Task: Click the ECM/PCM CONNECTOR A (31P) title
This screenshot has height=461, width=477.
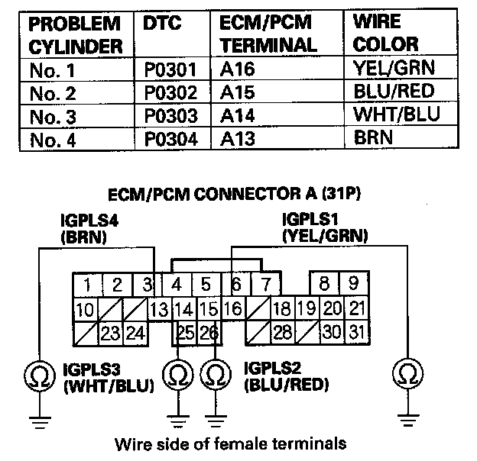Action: pyautogui.click(x=238, y=193)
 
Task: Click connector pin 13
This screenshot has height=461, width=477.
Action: pyautogui.click(x=158, y=310)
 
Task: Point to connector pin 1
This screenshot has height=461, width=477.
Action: pyautogui.click(x=88, y=286)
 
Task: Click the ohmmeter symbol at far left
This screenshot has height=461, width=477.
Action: pyautogui.click(x=37, y=374)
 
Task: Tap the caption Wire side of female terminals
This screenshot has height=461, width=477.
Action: pyautogui.click(x=229, y=443)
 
